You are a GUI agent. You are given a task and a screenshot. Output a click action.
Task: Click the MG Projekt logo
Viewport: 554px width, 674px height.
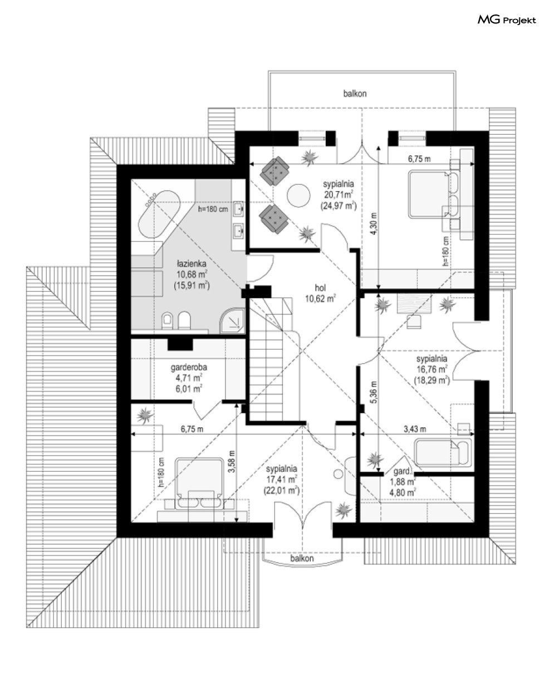(507, 20)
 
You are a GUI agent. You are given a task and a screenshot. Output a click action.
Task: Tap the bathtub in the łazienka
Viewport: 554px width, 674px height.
(159, 214)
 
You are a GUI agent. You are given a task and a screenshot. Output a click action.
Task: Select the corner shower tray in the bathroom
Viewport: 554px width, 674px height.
(232, 320)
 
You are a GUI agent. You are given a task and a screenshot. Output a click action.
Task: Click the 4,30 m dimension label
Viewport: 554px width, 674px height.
(374, 223)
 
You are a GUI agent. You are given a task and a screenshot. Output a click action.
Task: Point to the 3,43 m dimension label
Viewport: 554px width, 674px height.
(415, 429)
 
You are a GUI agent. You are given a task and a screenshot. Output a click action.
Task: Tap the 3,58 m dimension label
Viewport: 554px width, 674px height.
(232, 461)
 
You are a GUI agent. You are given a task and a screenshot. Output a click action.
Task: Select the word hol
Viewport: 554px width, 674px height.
(320, 288)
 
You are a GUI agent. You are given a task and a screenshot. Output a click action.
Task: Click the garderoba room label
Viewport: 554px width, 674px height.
(189, 368)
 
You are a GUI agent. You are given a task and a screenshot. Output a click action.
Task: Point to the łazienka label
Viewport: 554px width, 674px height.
(192, 263)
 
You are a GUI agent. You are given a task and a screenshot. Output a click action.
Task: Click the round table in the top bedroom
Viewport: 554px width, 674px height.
(299, 196)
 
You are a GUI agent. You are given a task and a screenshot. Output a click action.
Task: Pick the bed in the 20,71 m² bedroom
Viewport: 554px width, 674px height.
(434, 194)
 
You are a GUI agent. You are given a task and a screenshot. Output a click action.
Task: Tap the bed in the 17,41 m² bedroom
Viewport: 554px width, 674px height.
(199, 482)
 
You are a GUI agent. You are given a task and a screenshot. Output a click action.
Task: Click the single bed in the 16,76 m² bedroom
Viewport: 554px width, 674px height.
(443, 452)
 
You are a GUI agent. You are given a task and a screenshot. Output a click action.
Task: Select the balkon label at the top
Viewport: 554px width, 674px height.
(355, 94)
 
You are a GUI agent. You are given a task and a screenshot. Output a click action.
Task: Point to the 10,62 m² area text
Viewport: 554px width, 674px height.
(320, 299)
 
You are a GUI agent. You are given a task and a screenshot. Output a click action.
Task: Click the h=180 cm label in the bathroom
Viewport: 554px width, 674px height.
(213, 209)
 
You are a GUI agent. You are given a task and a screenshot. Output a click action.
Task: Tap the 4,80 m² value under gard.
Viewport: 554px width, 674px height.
(403, 492)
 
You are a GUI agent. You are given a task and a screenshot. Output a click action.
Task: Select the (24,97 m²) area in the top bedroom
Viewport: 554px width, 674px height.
(339, 206)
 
